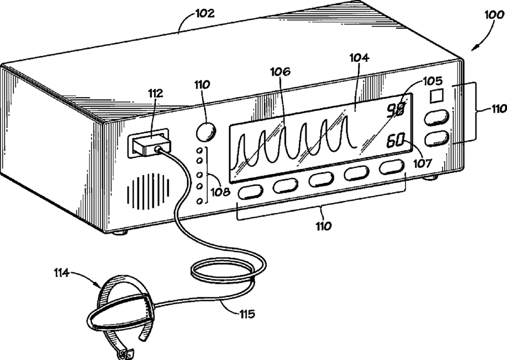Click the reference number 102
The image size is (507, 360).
tap(205, 13)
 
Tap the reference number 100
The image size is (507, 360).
tap(494, 15)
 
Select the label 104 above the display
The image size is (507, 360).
tap(359, 58)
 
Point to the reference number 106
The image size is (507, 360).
tap(281, 71)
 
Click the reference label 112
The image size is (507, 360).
tap(155, 93)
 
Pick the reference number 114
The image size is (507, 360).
tap(61, 273)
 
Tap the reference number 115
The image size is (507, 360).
tap(247, 314)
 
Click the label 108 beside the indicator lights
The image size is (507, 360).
tap(220, 192)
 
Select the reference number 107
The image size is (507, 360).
tap(422, 163)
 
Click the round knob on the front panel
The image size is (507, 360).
tap(206, 131)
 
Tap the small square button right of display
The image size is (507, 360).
tap(437, 96)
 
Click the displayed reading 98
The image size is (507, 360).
tap(396, 111)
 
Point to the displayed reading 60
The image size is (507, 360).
tap(396, 141)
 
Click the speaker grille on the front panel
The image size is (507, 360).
tap(149, 190)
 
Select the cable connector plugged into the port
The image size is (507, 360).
tap(151, 145)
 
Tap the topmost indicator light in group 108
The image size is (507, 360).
tap(200, 151)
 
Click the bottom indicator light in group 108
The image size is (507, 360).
tap(200, 202)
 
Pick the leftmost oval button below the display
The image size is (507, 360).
tap(250, 192)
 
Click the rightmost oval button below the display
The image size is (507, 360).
tap(392, 167)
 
